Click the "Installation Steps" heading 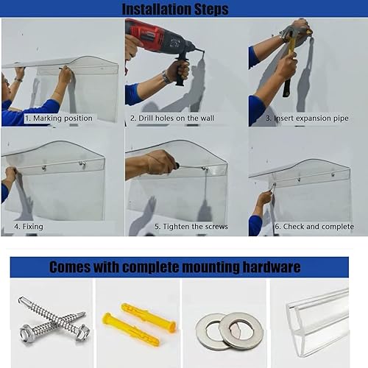click(175, 9)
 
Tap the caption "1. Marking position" click(59, 118)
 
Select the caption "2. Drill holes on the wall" click(172, 118)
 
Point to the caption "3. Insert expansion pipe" click(307, 118)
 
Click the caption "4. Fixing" click(29, 227)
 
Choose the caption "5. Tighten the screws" click(191, 227)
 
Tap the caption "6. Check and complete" click(314, 227)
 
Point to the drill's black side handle click(182, 70)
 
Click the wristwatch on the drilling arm click(166, 77)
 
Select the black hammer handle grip click(286, 88)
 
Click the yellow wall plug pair click(139, 324)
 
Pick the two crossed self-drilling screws click(54, 319)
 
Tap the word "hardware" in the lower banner click(272, 267)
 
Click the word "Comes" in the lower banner click(70, 267)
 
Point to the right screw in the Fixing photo click(82, 164)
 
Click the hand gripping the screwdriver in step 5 click(160, 162)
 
